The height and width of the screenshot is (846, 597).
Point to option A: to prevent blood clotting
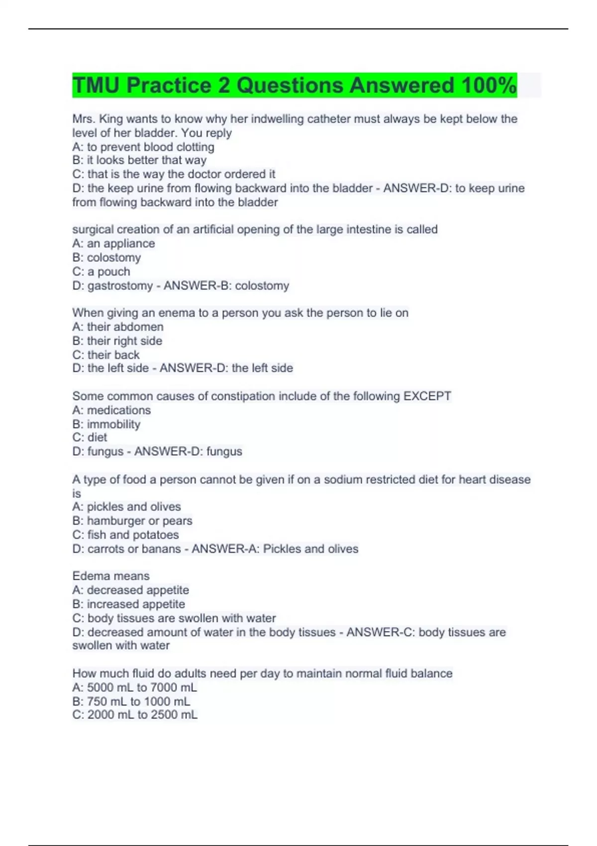click(x=143, y=147)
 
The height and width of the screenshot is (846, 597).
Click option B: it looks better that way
click(x=139, y=160)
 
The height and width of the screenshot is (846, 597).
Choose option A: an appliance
click(x=113, y=243)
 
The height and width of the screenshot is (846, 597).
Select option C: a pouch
click(x=101, y=272)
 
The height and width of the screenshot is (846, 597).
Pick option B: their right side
click(x=117, y=341)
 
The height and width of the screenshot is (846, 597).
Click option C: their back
click(x=106, y=355)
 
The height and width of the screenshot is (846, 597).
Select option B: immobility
click(x=106, y=424)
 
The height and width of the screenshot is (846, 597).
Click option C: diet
click(x=90, y=437)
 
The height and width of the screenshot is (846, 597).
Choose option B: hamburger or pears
click(x=132, y=521)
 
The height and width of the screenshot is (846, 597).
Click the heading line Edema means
click(x=111, y=576)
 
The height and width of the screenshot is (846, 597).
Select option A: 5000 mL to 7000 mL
click(x=135, y=688)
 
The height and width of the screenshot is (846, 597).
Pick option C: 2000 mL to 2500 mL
click(x=135, y=715)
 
